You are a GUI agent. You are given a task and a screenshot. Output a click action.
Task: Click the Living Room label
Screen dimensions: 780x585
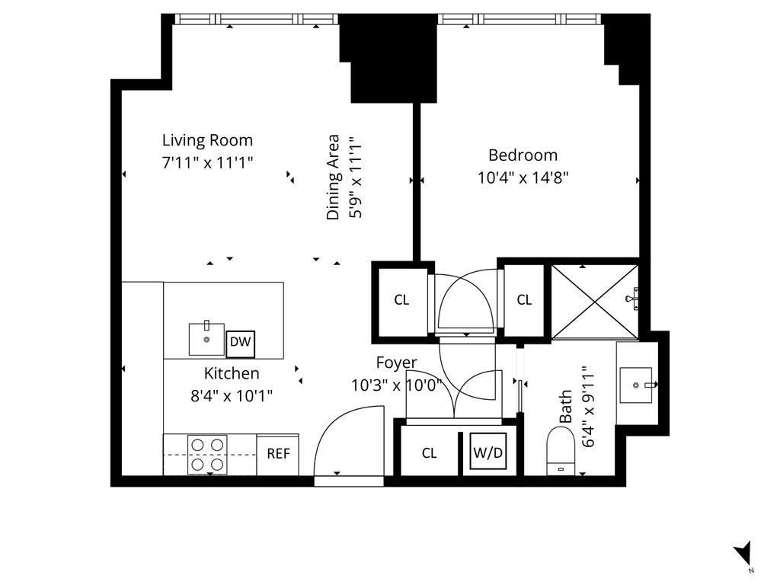(x=207, y=140)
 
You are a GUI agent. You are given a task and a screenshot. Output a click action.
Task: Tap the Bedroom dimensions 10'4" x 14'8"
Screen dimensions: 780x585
(x=523, y=177)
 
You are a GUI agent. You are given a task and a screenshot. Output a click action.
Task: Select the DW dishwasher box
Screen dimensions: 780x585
(x=240, y=344)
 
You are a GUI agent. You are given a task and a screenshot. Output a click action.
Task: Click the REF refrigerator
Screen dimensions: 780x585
(x=278, y=454)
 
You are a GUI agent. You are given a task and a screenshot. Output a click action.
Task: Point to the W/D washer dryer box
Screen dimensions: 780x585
(x=488, y=452)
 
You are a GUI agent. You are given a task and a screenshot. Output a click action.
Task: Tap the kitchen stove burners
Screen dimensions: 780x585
(x=207, y=455)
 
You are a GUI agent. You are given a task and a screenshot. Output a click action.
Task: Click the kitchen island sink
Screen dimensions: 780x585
(x=206, y=339)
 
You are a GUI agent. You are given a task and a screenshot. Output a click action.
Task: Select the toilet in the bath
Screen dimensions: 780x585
(x=561, y=451)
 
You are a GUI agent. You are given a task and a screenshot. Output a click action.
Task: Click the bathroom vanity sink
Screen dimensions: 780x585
(x=636, y=385)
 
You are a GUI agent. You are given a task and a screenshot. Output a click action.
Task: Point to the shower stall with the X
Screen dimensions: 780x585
(x=595, y=302)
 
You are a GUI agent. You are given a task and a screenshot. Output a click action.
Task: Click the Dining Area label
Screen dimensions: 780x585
(x=333, y=177)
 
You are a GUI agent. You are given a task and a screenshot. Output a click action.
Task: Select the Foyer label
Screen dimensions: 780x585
(x=396, y=363)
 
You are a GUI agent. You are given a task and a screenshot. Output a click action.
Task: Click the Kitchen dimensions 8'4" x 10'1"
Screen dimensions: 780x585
(x=232, y=396)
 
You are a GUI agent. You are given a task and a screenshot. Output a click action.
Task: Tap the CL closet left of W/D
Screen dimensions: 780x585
(x=430, y=452)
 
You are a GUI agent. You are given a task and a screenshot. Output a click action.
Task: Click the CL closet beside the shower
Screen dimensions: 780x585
(x=524, y=299)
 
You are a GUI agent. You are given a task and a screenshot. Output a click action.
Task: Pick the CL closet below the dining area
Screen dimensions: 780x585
(x=401, y=299)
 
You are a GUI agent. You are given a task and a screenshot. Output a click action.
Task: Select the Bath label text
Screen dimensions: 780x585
(x=566, y=407)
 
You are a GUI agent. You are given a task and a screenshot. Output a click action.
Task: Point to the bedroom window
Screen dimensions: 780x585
(x=519, y=19)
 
